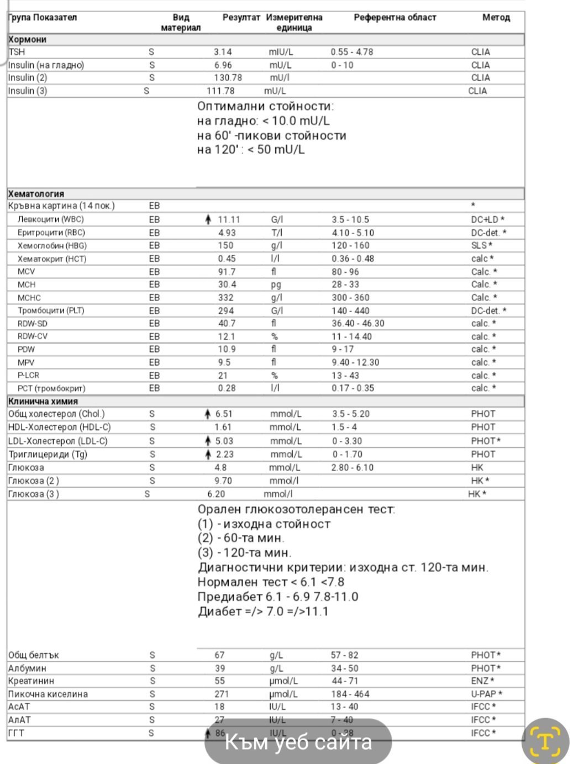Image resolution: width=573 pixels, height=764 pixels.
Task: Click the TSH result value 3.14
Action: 223,52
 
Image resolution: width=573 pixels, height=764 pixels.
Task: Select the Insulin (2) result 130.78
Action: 228,78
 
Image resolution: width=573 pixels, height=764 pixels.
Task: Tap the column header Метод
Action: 496,18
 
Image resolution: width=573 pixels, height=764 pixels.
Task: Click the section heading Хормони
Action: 28,40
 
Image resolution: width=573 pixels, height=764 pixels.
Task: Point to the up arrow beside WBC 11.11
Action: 208,220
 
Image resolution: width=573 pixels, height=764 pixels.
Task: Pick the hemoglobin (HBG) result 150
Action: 225,246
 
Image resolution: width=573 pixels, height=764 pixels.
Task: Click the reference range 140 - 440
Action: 350,310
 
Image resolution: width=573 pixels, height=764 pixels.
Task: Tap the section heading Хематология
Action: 36,194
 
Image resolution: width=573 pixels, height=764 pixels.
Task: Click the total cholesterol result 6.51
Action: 224,414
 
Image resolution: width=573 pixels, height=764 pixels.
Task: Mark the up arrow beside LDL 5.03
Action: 208,441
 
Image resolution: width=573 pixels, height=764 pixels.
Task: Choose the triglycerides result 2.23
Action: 224,455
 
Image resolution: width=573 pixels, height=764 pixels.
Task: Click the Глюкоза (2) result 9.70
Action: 223,481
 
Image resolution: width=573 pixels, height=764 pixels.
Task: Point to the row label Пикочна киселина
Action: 48,694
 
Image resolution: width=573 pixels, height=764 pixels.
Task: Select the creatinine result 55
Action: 219,681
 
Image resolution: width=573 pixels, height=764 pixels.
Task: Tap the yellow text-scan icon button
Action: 545,741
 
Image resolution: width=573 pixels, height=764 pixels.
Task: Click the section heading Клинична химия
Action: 43,402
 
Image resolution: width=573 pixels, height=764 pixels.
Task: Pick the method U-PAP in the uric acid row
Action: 483,694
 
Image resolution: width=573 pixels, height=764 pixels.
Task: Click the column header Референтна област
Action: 395,18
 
